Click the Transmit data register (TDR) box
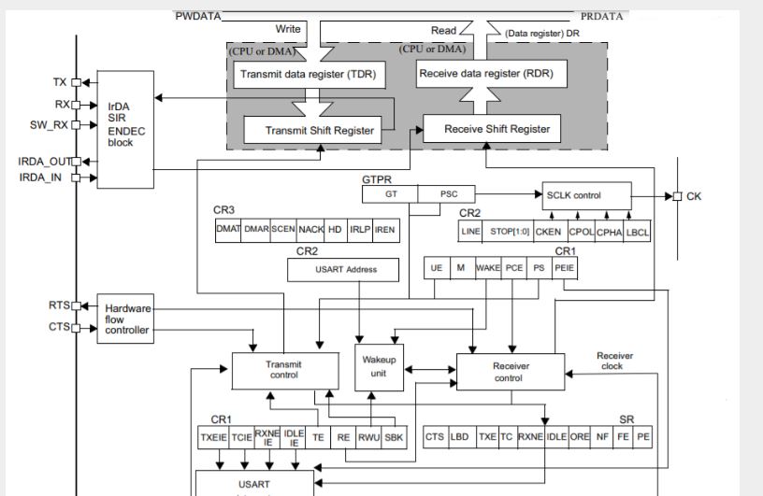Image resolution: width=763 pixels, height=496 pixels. tap(307, 75)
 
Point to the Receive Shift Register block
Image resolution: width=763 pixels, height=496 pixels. tap(497, 129)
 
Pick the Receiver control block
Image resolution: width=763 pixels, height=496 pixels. tap(510, 372)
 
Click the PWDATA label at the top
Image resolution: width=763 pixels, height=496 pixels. tap(198, 17)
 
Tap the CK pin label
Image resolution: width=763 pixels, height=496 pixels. tap(693, 196)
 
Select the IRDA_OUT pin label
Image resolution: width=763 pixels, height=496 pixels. tap(44, 162)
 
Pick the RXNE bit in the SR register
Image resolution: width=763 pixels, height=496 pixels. tap(530, 436)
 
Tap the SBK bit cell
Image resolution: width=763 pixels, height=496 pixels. tap(396, 436)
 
